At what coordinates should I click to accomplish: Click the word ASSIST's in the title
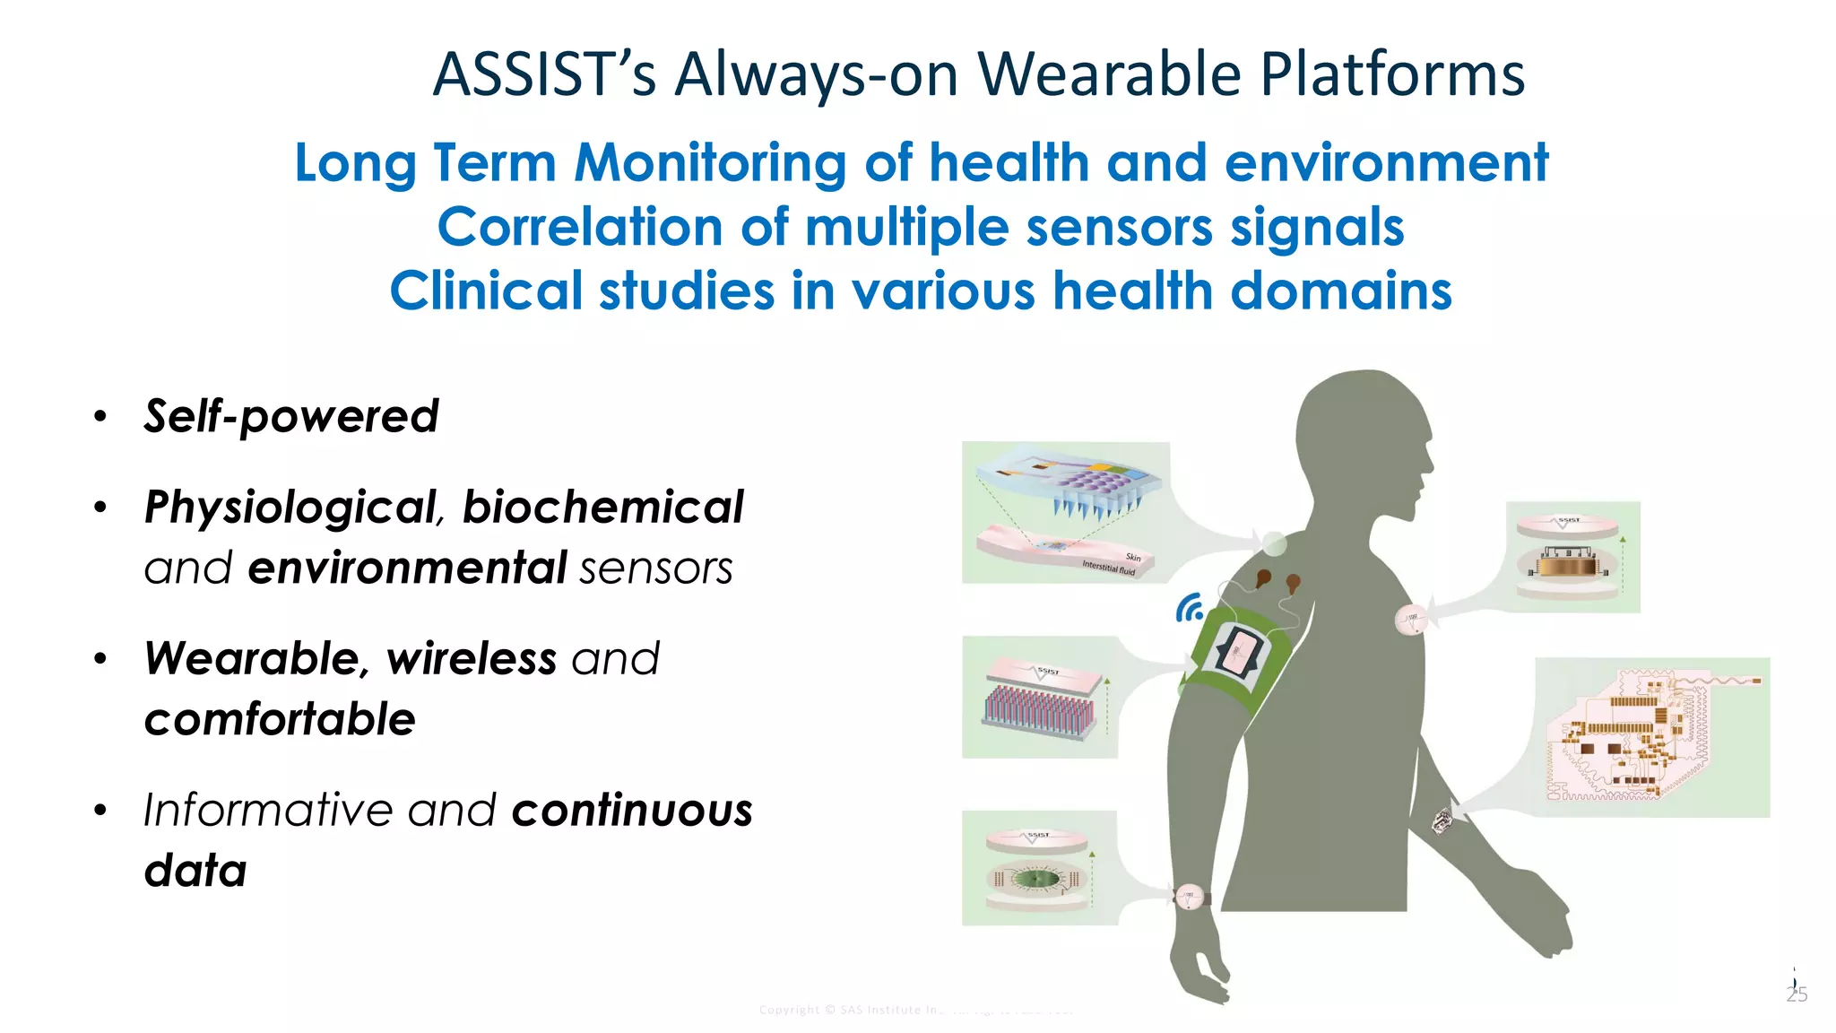pos(544,74)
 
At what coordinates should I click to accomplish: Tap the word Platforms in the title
pos(1392,74)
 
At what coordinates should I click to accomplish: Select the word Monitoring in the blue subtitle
pos(710,163)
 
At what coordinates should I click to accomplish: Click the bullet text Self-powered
pos(291,416)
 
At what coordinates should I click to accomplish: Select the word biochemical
pos(602,508)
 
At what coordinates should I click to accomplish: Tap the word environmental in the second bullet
pos(407,568)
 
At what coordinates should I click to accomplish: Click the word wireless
pos(472,659)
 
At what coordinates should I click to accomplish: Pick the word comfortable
pos(280,719)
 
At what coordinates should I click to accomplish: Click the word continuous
pos(632,811)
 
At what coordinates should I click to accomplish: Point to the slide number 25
pos(1797,994)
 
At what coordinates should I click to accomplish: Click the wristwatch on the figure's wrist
pos(1190,896)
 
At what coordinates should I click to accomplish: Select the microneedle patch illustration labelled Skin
pos(1065,512)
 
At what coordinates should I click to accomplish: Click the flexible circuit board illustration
pos(1651,737)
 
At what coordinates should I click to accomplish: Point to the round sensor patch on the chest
pos(1410,619)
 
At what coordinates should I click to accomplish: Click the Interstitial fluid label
pos(1108,567)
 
